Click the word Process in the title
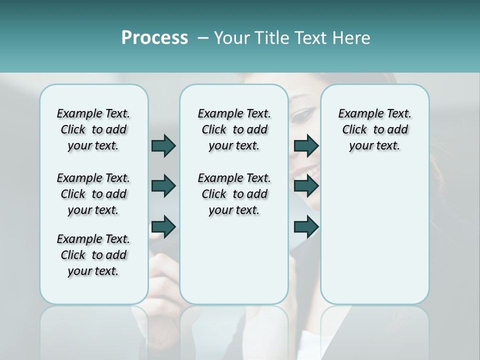point(154,38)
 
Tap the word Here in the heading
point(351,38)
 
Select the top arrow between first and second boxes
point(163,145)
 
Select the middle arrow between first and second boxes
point(163,186)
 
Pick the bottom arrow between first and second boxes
point(163,227)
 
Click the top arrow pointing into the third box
point(306,145)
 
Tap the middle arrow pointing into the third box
point(306,186)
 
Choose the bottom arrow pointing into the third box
point(306,227)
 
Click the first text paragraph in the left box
point(93,129)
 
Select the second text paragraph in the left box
point(93,194)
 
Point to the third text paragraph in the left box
point(93,255)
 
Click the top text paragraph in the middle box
point(234,129)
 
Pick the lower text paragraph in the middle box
point(234,194)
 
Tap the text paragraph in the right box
point(374,129)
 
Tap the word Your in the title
point(232,38)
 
